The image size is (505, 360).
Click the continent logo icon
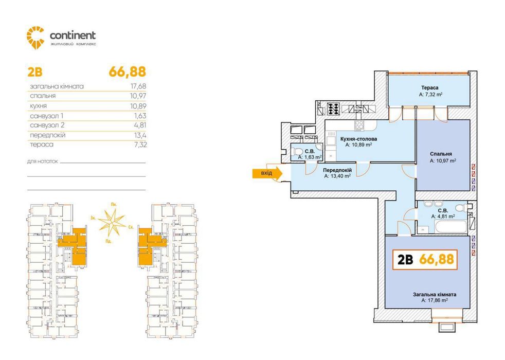pyautogui.click(x=36, y=38)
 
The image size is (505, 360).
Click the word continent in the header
pyautogui.click(x=73, y=35)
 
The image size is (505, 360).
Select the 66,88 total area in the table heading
pyautogui.click(x=128, y=71)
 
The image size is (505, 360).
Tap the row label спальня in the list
pyautogui.click(x=43, y=96)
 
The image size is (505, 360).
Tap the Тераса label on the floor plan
pyautogui.click(x=428, y=88)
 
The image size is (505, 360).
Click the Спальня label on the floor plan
pyautogui.click(x=441, y=154)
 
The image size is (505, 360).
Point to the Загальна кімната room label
pyautogui.click(x=435, y=295)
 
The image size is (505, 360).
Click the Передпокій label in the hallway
pyautogui.click(x=337, y=170)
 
